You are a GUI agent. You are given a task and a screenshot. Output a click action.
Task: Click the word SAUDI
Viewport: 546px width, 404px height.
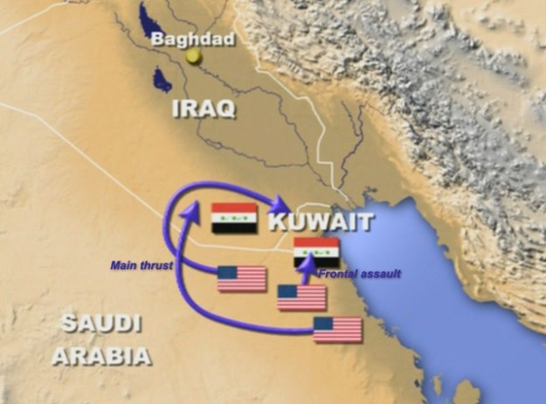click(x=100, y=324)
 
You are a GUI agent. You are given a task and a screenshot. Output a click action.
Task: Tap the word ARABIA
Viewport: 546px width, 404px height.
click(x=100, y=356)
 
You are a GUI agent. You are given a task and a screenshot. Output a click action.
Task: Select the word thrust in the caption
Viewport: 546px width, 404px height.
click(x=159, y=264)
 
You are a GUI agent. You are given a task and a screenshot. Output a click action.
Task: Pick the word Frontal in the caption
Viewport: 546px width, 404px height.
click(x=337, y=274)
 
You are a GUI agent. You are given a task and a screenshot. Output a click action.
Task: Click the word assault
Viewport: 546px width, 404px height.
click(x=382, y=274)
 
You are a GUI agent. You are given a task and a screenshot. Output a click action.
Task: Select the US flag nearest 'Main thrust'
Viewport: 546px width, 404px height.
click(x=241, y=279)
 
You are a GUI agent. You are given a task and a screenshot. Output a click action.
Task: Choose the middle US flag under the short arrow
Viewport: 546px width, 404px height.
click(x=301, y=297)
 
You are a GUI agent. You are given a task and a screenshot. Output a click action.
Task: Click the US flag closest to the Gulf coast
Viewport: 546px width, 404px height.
click(x=337, y=330)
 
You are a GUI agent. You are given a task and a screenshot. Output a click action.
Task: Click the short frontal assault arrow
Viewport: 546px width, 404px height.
click(x=305, y=275)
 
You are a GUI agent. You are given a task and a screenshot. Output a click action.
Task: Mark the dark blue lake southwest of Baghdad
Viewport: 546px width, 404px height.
click(x=160, y=81)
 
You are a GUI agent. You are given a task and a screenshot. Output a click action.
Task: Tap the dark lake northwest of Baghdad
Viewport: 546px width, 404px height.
click(x=148, y=19)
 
